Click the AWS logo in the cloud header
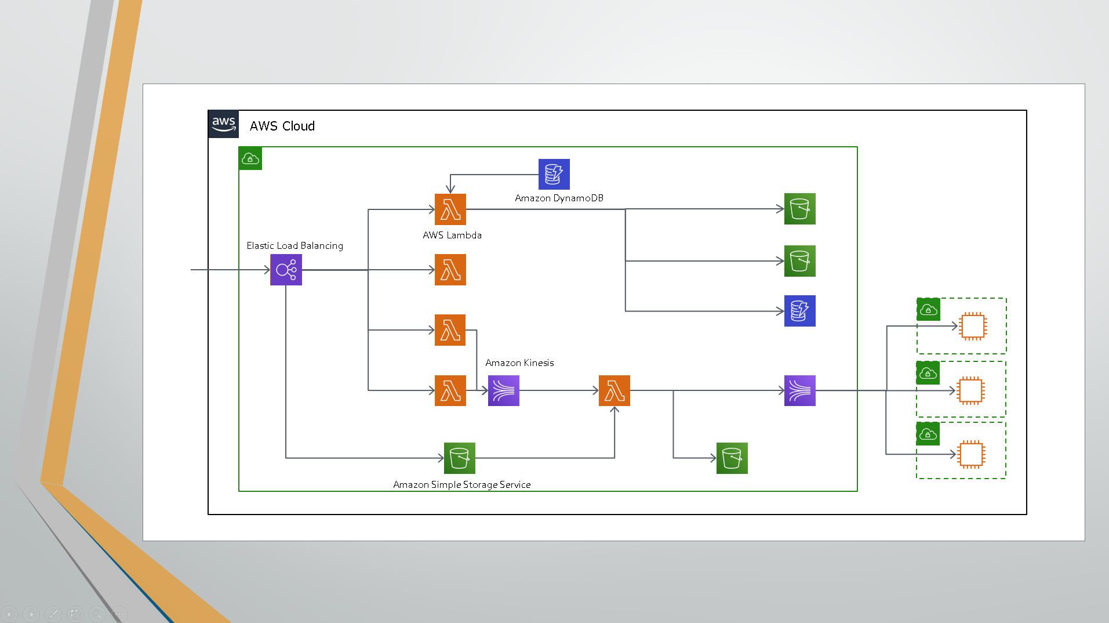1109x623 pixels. tap(223, 124)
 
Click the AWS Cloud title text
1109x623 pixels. tap(282, 126)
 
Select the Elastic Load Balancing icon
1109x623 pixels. tap(286, 270)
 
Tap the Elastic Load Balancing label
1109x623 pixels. tap(294, 245)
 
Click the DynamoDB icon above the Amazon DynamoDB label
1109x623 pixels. tap(554, 174)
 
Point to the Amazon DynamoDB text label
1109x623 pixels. tap(559, 198)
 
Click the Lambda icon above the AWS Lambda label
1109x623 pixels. tap(450, 209)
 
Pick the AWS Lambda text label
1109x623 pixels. tap(452, 235)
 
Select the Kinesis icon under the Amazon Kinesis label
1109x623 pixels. tap(504, 390)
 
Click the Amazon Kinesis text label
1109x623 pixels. tap(519, 363)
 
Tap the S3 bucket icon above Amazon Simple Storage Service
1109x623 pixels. tap(460, 458)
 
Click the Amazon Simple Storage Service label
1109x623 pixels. tap(462, 484)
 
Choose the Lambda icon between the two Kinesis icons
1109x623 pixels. tap(615, 390)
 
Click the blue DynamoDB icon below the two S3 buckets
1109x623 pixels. tap(800, 311)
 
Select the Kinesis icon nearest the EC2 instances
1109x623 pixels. tap(800, 390)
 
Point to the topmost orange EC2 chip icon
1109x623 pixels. tap(973, 326)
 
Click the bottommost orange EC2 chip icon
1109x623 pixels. tap(972, 454)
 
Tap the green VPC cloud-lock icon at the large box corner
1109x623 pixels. tap(250, 158)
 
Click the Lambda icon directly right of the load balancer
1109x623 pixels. tap(450, 270)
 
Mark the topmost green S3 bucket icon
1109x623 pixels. tap(800, 209)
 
